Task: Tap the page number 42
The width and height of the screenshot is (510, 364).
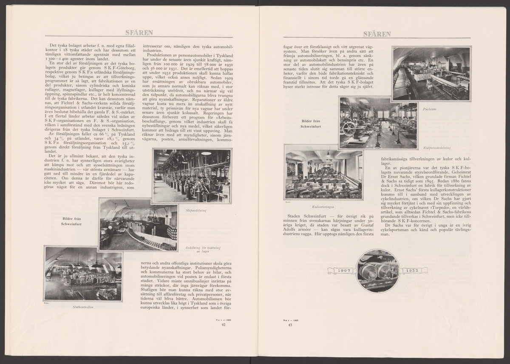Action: [224, 324]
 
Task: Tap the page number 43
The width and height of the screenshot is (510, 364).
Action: [290, 324]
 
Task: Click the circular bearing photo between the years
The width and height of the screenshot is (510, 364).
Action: [377, 271]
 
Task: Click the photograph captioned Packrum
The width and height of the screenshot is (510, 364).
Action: [431, 73]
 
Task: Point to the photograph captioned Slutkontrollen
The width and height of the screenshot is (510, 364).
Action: [83, 274]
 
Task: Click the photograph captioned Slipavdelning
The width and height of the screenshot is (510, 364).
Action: [192, 175]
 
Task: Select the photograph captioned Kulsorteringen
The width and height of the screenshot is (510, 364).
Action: [323, 175]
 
